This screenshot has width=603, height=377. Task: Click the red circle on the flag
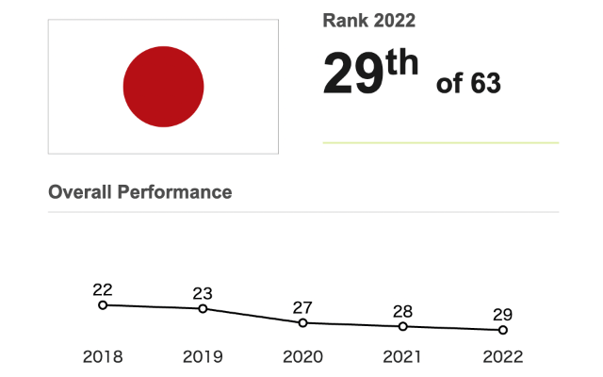coord(163,87)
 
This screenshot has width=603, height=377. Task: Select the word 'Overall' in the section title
coord(80,191)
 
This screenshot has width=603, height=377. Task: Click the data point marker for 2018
coord(103,304)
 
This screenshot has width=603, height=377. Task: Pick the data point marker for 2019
coord(203,308)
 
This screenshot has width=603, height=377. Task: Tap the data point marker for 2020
coord(302,322)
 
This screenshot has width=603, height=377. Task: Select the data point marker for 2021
coord(402,326)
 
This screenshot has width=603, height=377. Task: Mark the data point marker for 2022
coord(502,330)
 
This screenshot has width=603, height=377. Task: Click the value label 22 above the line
coord(103,288)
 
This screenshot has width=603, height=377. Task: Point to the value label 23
coord(203,292)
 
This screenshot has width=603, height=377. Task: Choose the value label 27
coord(302,306)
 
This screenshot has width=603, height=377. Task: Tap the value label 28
coord(402,311)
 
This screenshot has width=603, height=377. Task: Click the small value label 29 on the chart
coord(502,315)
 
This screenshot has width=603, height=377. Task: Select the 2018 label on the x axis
coord(103,356)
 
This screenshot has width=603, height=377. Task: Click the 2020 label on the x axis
coord(302,356)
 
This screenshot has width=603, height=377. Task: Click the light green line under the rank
coord(440,142)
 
